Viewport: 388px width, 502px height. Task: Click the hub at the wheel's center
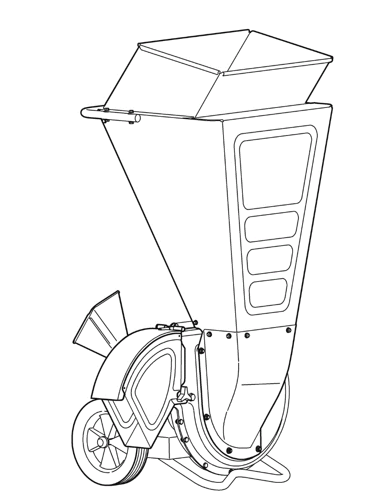point(101,442)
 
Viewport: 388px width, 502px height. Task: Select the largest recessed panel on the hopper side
point(275,172)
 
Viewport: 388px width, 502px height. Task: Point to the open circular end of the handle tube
point(136,119)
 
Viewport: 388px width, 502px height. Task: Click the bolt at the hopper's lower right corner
point(288,330)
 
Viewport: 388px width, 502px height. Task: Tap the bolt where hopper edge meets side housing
point(196,322)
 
